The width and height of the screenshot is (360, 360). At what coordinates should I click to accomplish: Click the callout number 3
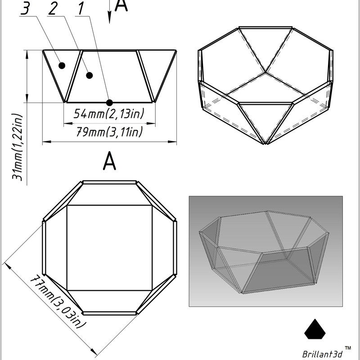25,9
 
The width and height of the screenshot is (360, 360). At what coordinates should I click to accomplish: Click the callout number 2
53,9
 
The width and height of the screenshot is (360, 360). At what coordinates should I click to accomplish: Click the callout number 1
81,9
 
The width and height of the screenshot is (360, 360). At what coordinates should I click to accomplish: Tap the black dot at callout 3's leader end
62,66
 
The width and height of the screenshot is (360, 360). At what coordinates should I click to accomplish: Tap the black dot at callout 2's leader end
89,75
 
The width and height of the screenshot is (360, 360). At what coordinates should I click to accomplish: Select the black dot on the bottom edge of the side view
109,103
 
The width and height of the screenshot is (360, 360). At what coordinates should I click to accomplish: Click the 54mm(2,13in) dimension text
108,113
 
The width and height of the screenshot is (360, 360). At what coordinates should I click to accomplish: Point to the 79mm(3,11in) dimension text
109,132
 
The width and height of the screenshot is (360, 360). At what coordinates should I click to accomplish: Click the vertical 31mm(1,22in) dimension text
18,147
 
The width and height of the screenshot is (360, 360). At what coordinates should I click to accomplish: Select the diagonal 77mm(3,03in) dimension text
58,301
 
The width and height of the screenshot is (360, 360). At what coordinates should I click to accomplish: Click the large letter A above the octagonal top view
109,161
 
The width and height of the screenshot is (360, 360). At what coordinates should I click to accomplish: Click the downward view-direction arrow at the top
109,12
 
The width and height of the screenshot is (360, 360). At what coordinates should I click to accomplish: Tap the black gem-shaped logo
315,329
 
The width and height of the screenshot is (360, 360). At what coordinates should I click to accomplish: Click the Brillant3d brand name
322,354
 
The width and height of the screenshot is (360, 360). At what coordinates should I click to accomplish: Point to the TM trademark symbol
348,348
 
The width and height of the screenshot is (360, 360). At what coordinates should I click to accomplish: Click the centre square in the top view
109,248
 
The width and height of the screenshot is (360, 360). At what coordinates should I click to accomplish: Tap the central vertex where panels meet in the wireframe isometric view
265,73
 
